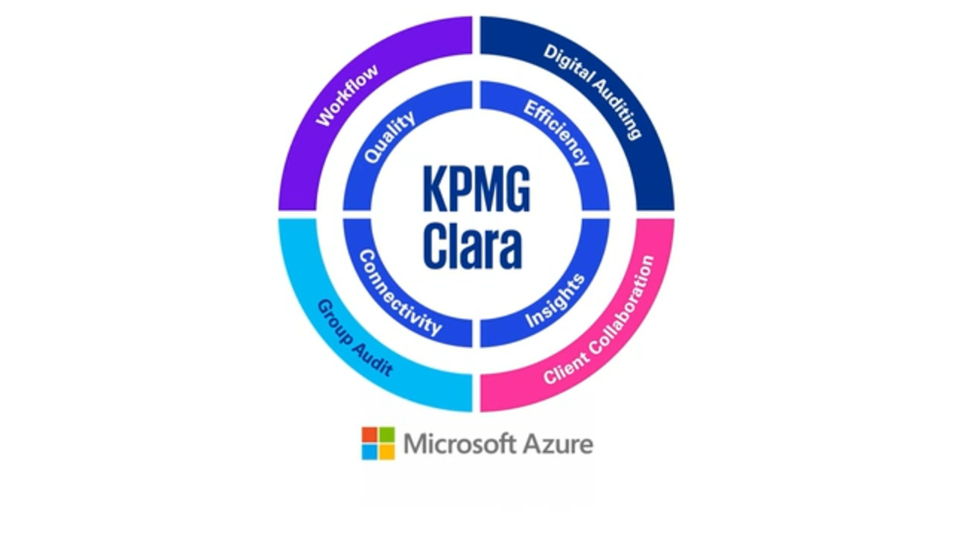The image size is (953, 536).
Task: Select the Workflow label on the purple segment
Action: pyautogui.click(x=348, y=95)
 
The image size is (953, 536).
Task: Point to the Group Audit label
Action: pyautogui.click(x=354, y=338)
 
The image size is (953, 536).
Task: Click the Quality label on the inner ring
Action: pyautogui.click(x=389, y=138)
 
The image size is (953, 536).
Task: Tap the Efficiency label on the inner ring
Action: pyautogui.click(x=556, y=133)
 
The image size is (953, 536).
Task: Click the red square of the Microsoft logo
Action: pyautogui.click(x=370, y=435)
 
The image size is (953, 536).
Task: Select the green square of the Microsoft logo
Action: pyautogui.click(x=386, y=435)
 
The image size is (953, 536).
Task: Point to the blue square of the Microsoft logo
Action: pyautogui.click(x=370, y=451)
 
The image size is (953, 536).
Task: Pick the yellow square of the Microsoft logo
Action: pyautogui.click(x=386, y=451)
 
